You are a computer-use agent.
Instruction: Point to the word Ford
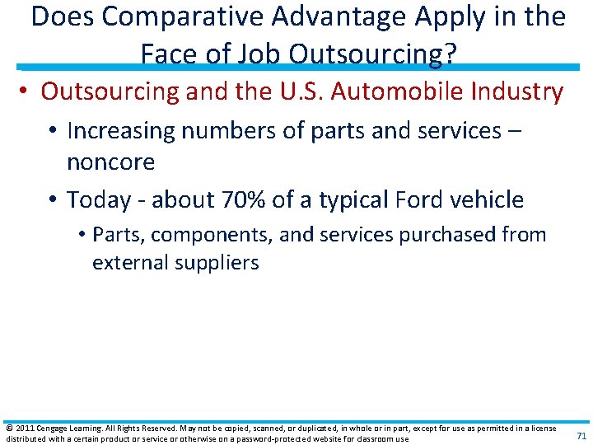point(419,199)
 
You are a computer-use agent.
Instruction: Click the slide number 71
point(581,435)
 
